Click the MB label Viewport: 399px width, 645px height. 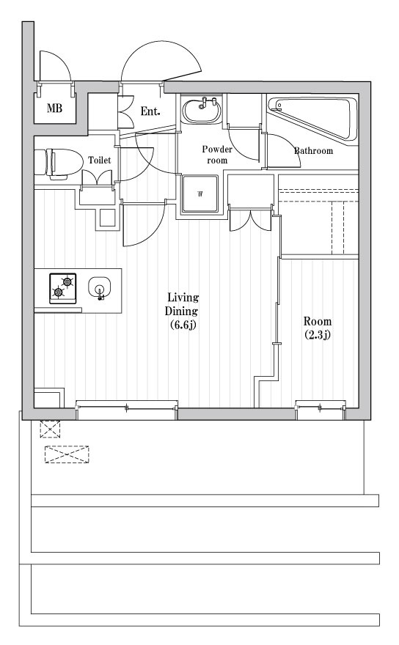(54, 108)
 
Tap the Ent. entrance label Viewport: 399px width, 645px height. (150, 111)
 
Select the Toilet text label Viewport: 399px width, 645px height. (100, 160)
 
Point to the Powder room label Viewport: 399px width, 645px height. (217, 155)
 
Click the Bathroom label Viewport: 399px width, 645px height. (313, 150)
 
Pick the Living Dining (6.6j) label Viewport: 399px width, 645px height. (182, 311)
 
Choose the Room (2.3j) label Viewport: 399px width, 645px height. (318, 328)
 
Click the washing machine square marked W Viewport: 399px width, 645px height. (200, 193)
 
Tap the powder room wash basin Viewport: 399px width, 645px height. (202, 109)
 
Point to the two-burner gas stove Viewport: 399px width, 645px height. (63, 288)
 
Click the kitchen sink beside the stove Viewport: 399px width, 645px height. (99, 287)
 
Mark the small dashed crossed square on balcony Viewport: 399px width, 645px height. (50, 429)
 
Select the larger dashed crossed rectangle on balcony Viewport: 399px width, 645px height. (67, 454)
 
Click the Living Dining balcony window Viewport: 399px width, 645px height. (127, 410)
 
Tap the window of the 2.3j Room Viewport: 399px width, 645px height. (321, 410)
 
